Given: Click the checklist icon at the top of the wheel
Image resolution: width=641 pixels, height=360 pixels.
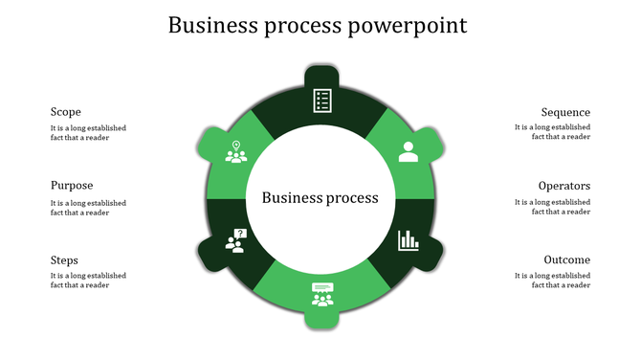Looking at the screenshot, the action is pyautogui.click(x=322, y=100).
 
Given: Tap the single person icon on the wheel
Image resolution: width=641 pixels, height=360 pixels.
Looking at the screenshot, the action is pyautogui.click(x=409, y=151).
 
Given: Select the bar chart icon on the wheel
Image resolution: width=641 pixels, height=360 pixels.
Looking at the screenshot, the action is pyautogui.click(x=409, y=239).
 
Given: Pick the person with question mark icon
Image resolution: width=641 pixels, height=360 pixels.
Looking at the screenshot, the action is pyautogui.click(x=235, y=240).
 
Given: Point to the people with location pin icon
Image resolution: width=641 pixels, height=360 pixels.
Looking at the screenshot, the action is pyautogui.click(x=235, y=151).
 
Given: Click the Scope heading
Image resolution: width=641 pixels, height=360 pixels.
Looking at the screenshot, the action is pyautogui.click(x=66, y=112).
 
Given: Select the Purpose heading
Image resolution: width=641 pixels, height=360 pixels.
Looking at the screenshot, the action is pyautogui.click(x=72, y=186).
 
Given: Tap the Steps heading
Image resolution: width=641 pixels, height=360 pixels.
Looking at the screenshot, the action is pyautogui.click(x=65, y=260).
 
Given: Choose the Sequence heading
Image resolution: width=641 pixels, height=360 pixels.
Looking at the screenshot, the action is pyautogui.click(x=565, y=112).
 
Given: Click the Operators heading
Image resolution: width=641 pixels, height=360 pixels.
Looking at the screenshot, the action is pyautogui.click(x=564, y=186).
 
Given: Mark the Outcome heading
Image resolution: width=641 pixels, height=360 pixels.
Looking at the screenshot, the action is pyautogui.click(x=566, y=260).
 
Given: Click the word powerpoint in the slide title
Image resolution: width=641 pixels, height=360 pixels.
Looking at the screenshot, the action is pyautogui.click(x=407, y=25).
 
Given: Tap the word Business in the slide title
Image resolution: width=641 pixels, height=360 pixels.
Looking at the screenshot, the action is pyautogui.click(x=213, y=25).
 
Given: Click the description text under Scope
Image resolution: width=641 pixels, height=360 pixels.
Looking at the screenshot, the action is pyautogui.click(x=88, y=132).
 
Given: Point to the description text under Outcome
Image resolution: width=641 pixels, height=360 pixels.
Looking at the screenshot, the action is pyautogui.click(x=552, y=281).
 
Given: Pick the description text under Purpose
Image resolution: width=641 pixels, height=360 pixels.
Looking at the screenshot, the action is pyautogui.click(x=88, y=207).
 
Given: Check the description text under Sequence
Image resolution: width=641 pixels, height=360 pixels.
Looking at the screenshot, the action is pyautogui.click(x=552, y=132).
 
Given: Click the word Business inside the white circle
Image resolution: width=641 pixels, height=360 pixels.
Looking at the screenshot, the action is pyautogui.click(x=291, y=198).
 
